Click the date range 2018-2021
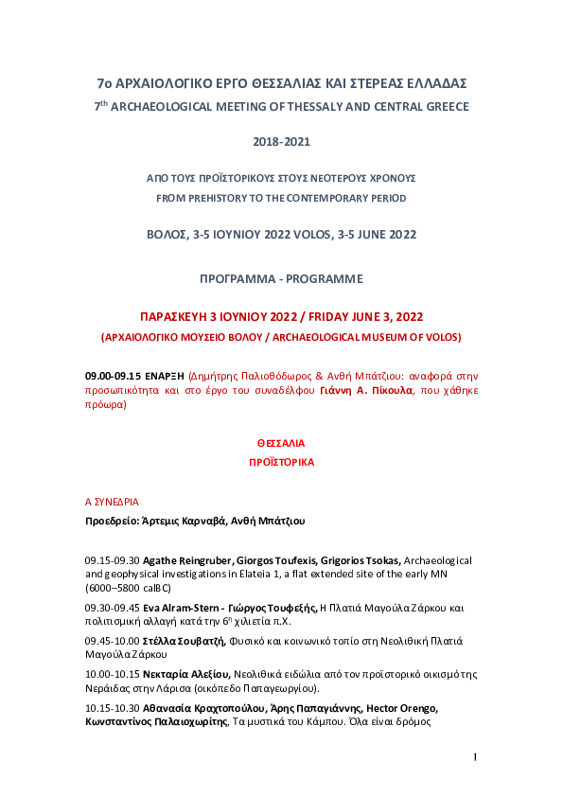tap(281, 142)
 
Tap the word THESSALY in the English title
tap(290, 107)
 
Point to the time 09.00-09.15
tap(113, 376)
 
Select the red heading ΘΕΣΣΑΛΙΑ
tap(281, 443)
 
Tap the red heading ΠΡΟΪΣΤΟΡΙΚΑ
tap(281, 463)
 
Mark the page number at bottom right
tap(475, 758)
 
